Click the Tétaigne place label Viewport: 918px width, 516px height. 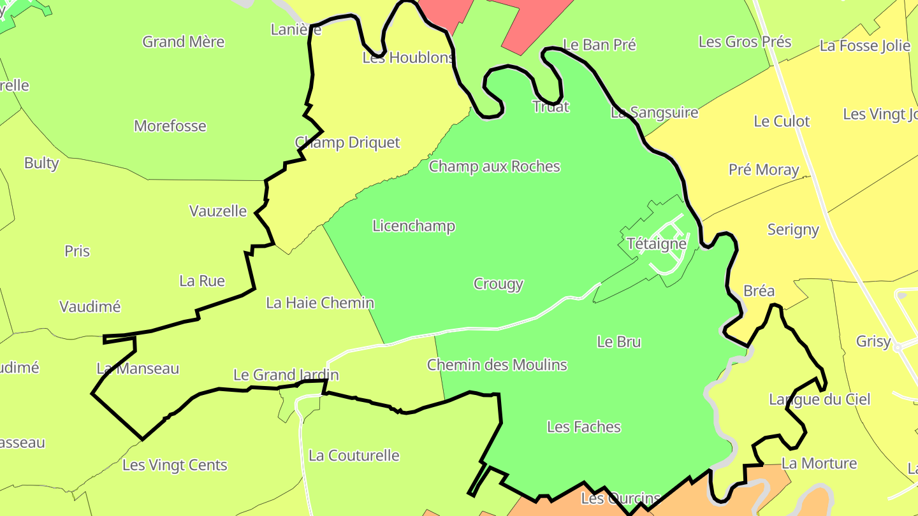tap(657, 243)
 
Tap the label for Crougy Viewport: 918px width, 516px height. tap(499, 283)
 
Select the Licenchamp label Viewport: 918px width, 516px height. tap(414, 226)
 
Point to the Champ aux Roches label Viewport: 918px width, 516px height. tap(494, 166)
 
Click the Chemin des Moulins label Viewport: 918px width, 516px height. tap(497, 365)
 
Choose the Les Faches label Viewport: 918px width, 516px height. tap(584, 427)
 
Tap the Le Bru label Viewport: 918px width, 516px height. tap(619, 341)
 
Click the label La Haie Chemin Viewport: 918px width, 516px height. tap(320, 303)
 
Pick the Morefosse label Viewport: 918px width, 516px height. tap(170, 125)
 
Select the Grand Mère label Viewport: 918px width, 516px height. tap(184, 42)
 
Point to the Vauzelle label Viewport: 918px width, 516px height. tap(218, 211)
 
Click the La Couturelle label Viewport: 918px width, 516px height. tap(354, 455)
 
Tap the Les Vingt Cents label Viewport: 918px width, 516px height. tap(175, 465)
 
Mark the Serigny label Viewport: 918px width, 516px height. tap(793, 229)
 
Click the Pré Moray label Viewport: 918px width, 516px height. tap(764, 169)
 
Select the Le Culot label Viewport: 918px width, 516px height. tap(782, 121)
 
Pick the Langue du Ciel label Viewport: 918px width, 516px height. tap(819, 399)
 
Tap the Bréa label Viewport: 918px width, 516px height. tap(759, 291)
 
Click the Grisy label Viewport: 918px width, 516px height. tap(873, 341)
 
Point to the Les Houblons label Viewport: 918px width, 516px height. tap(408, 58)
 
